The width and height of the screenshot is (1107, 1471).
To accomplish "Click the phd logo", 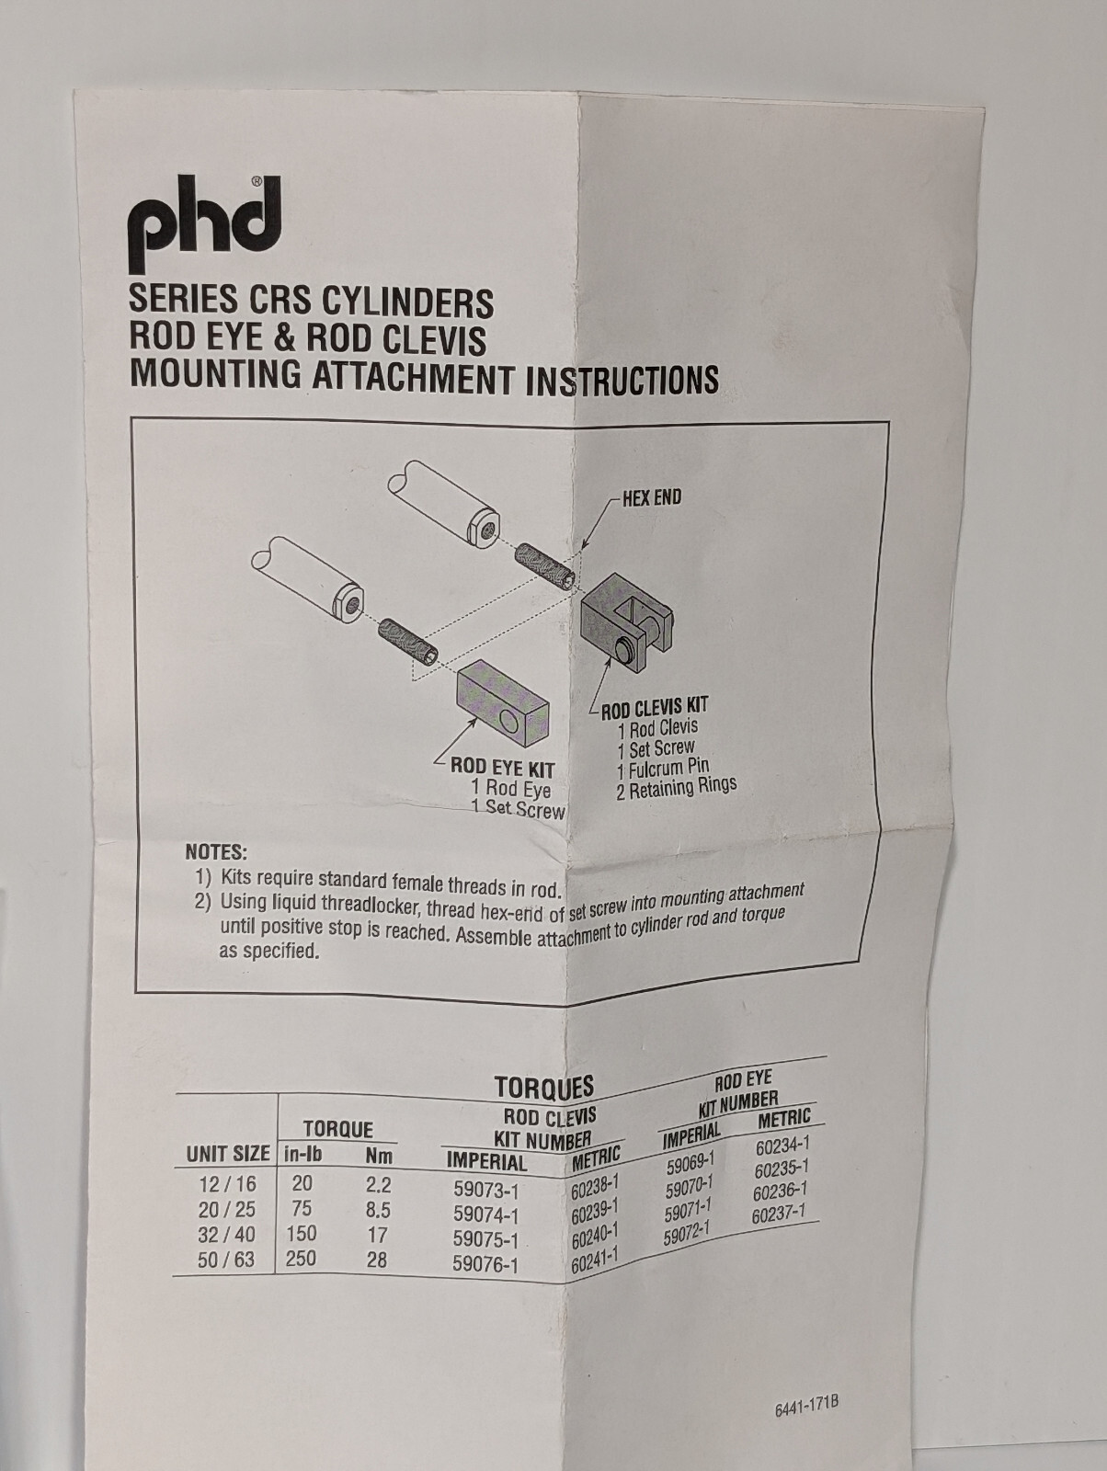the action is pos(204,223).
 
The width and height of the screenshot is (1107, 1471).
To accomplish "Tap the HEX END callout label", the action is pos(651,498).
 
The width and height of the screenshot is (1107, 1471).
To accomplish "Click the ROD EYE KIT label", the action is pos(503,767).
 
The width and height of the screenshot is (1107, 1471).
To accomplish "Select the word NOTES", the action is pos(216,853).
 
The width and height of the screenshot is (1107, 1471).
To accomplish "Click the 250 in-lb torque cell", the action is pos(301,1259).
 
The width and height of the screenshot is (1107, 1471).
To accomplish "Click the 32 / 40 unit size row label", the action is pos(227,1235).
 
